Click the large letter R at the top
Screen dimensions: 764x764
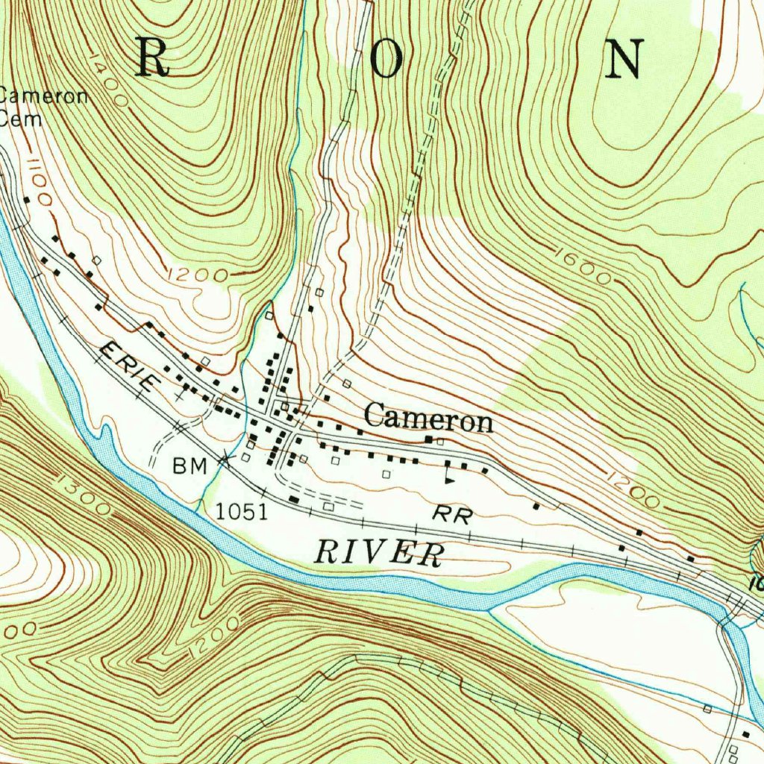pyautogui.click(x=152, y=58)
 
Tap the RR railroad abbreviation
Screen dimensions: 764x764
pyautogui.click(x=452, y=514)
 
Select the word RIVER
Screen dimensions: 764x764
pyautogui.click(x=378, y=553)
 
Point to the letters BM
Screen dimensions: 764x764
pyautogui.click(x=190, y=466)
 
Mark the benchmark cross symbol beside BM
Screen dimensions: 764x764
pyautogui.click(x=224, y=460)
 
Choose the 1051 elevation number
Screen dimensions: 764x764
pyautogui.click(x=242, y=511)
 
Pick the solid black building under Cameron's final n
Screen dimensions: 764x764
pyautogui.click(x=429, y=439)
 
